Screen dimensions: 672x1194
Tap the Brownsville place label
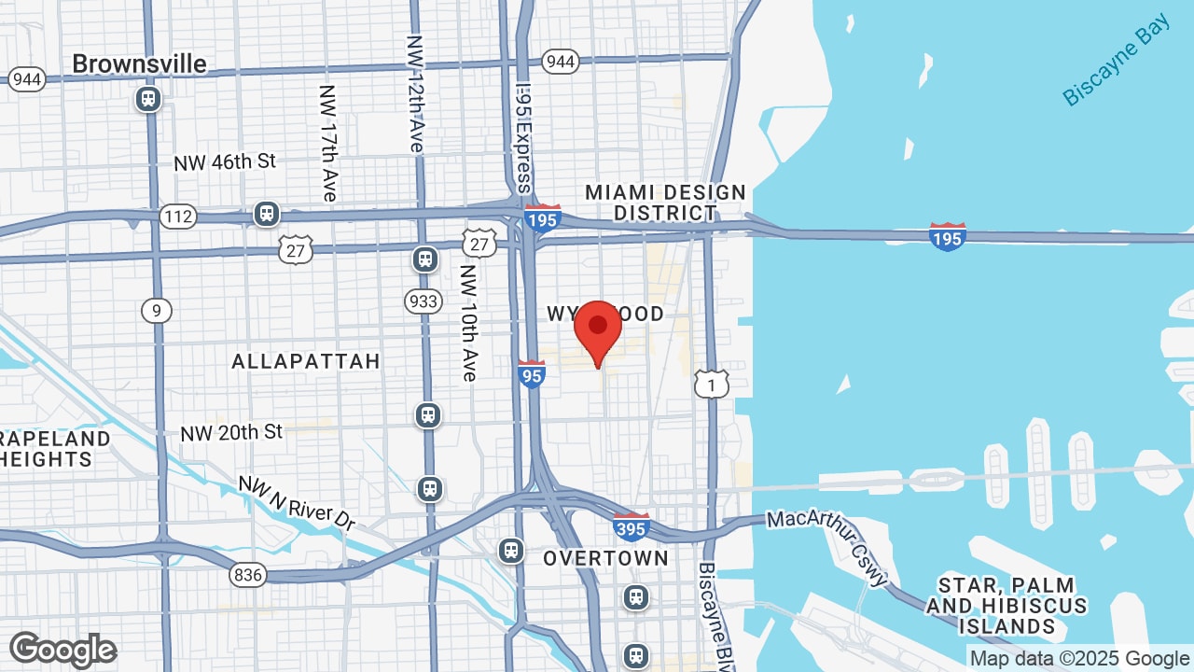pos(139,63)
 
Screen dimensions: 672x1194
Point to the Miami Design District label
pos(665,203)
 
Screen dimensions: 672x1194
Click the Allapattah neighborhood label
pos(306,361)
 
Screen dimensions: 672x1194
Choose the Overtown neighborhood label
pos(605,558)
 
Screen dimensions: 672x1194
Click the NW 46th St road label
pos(225,161)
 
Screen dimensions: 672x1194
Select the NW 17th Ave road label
pos(327,143)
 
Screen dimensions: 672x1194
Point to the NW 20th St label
pos(231,432)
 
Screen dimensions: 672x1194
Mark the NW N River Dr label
pos(297,504)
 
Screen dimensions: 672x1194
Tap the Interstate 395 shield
pos(632,527)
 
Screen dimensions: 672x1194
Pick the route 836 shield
pos(248,575)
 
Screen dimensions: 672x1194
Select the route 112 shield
pos(176,217)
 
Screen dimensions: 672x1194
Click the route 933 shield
pos(423,301)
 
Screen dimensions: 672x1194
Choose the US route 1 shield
pos(711,384)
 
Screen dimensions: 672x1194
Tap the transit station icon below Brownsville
pos(148,99)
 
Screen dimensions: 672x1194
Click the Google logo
pos(62,650)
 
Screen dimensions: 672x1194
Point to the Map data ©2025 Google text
pos(1079,658)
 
